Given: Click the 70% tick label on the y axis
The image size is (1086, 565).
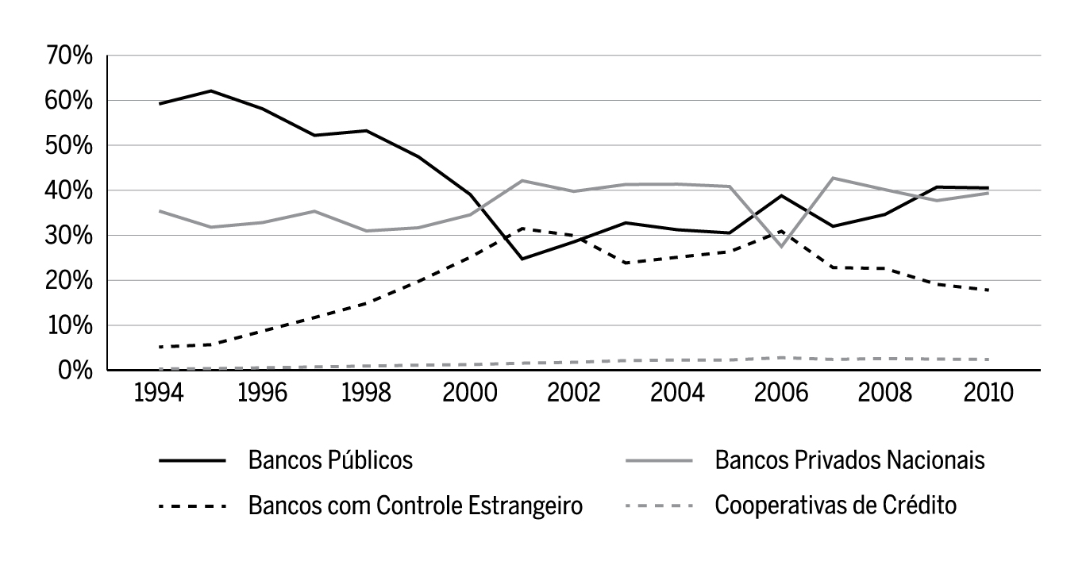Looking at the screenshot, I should click(71, 56).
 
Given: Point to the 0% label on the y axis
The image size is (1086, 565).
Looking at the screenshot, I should click(76, 371).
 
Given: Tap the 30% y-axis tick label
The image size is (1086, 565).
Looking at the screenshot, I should click(71, 236).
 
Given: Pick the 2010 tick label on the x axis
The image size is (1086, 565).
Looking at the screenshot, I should click(988, 393).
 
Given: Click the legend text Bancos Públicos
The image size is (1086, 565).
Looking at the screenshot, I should click(330, 460).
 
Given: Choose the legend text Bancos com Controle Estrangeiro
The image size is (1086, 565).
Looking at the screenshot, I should click(416, 505).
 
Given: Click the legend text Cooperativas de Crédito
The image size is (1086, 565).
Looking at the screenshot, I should click(836, 505).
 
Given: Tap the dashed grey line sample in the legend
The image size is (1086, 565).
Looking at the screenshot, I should click(658, 505).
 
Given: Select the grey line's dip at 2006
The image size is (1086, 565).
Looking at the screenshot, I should click(781, 247).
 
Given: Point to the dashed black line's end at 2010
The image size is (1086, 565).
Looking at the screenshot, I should click(988, 290).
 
